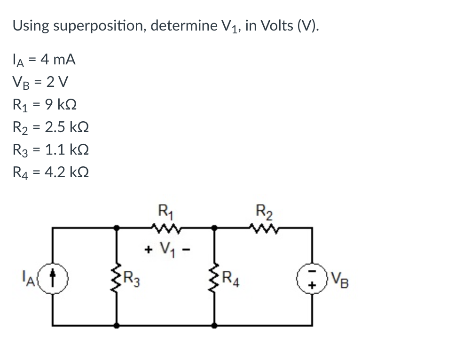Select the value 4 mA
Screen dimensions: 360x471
pos(58,60)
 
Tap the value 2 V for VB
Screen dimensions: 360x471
pos(59,82)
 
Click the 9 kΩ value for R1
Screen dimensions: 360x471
pos(60,105)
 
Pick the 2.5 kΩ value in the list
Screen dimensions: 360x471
pos(66,127)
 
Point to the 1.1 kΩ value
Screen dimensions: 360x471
pos(66,150)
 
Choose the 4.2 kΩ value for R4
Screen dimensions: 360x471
pos(66,172)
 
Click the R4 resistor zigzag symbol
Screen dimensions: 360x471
pos(215,276)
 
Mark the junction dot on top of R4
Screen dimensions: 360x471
pos(215,228)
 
